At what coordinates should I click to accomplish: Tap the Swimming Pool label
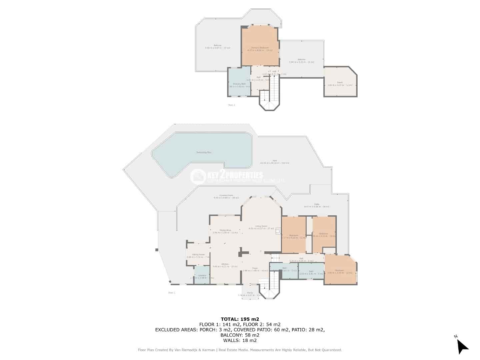(x=204, y=152)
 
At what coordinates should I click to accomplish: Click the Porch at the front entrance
(x=250, y=293)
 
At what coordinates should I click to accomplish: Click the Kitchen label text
(x=225, y=265)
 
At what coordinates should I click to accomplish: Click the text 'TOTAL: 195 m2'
(x=240, y=319)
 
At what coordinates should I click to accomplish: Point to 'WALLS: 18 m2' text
(x=240, y=341)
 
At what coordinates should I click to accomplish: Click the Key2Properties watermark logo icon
(x=198, y=176)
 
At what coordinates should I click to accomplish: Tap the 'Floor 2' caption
(x=231, y=105)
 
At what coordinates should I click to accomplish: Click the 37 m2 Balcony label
(x=217, y=46)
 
